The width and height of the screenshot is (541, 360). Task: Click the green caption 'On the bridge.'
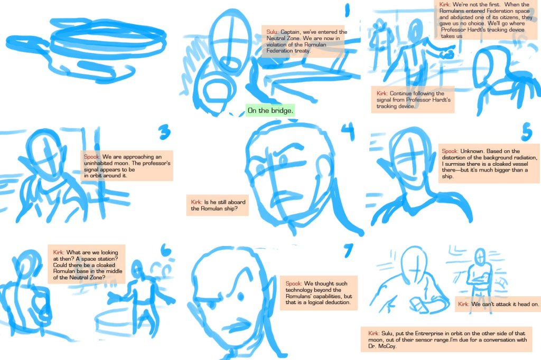click(x=270, y=110)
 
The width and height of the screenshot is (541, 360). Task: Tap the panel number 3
click(x=165, y=132)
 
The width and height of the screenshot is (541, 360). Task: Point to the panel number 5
click(x=527, y=131)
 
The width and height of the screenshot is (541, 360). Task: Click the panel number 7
click(x=349, y=250)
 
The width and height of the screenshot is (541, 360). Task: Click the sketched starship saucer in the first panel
click(x=86, y=48)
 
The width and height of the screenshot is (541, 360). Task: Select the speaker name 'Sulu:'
click(x=272, y=32)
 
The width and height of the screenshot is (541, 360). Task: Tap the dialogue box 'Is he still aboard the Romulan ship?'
click(x=217, y=205)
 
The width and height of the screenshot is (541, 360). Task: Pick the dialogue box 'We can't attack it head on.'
click(x=498, y=304)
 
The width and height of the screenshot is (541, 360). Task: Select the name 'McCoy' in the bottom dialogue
click(x=387, y=346)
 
